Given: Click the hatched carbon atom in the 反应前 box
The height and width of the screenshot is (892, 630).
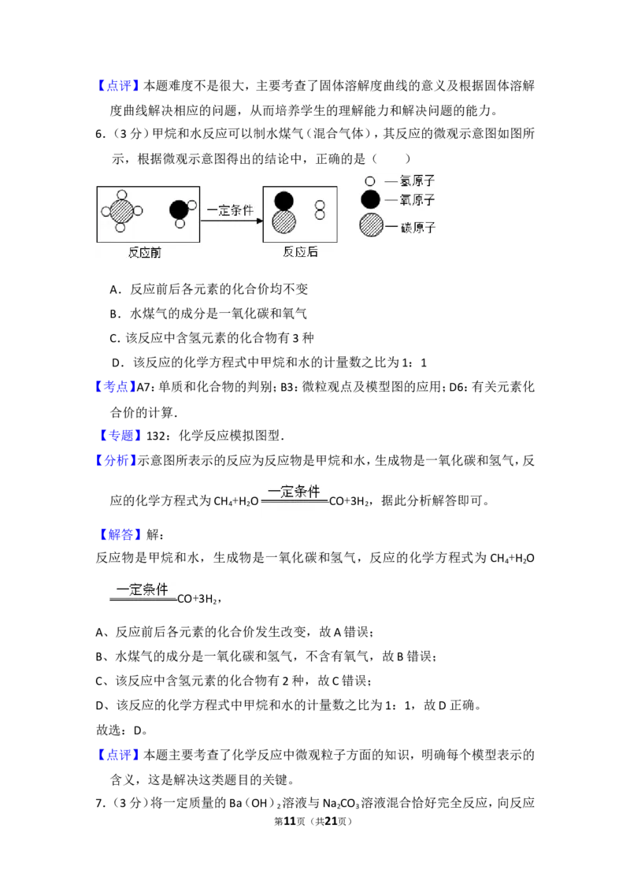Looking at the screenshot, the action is click(121, 211).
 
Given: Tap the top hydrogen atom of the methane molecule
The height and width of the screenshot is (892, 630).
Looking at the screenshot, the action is click(122, 195).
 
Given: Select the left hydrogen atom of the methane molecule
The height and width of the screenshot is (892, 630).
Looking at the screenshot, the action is click(106, 211).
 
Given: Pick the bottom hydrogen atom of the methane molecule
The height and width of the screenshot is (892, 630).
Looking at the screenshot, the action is click(120, 228).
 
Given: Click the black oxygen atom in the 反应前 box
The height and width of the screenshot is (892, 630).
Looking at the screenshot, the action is click(179, 210).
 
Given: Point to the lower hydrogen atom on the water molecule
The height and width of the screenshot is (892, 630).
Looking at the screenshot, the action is click(180, 224).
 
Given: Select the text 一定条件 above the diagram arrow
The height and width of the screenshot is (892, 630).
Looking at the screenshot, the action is click(230, 211).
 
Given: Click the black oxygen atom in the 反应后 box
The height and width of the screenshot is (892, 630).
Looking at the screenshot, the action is click(283, 201).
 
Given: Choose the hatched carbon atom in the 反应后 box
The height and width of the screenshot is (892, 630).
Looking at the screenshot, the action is click(283, 221).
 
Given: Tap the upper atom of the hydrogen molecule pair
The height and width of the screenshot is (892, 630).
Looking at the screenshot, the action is click(320, 205).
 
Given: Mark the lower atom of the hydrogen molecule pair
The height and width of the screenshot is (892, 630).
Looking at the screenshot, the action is click(320, 214).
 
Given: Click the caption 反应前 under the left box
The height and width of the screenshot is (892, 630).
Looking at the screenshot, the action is click(145, 253).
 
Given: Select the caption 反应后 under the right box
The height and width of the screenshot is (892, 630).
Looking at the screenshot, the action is click(300, 252).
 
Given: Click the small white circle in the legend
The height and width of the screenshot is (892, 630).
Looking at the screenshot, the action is click(370, 181).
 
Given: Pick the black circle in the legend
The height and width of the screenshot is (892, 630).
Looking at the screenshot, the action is click(370, 200).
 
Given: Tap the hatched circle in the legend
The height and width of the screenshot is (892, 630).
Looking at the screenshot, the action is click(371, 226).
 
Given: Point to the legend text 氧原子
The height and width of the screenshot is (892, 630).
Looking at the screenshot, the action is click(417, 200).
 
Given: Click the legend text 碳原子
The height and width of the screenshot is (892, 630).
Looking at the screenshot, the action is click(418, 227).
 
